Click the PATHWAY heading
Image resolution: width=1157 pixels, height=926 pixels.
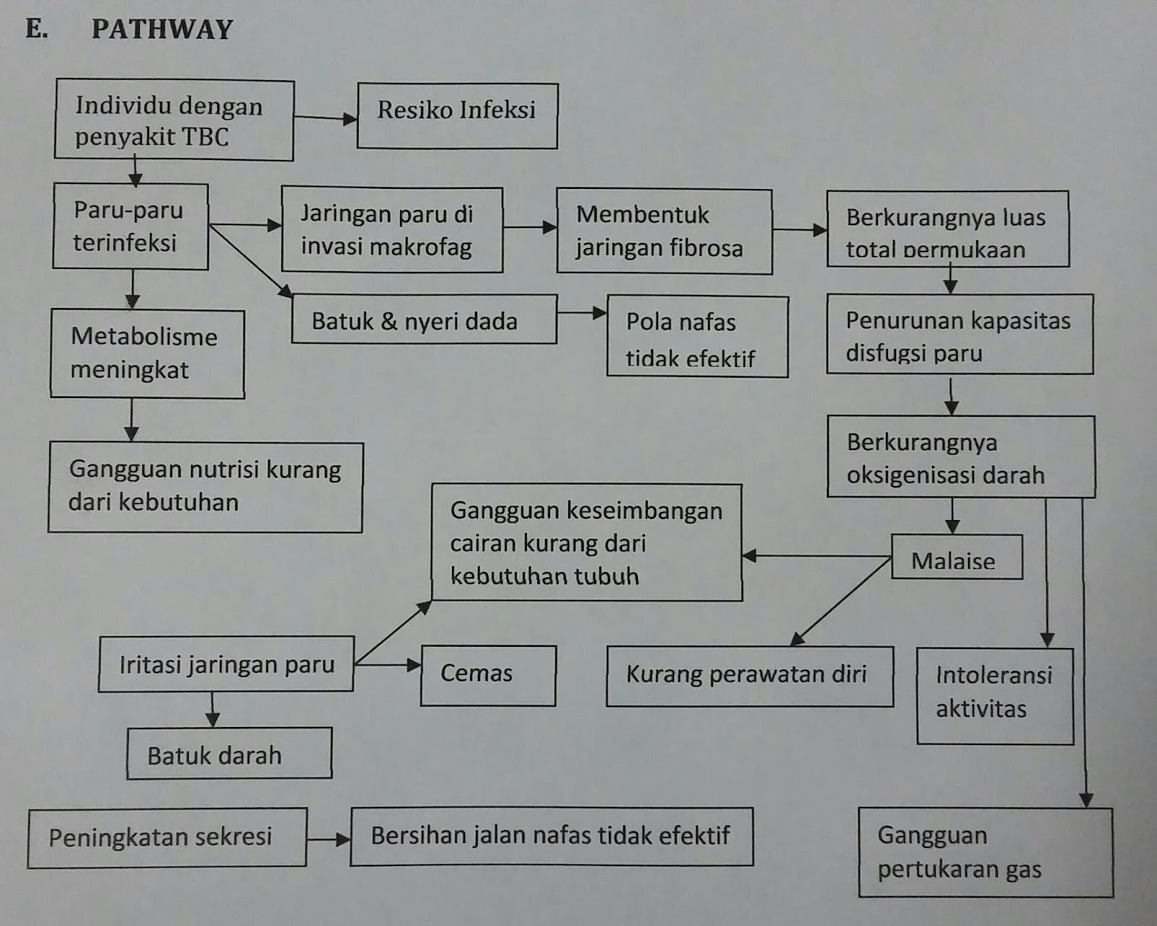click(161, 29)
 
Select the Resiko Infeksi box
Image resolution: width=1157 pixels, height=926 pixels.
click(457, 116)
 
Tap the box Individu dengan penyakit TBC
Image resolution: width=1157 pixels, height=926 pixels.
click(174, 120)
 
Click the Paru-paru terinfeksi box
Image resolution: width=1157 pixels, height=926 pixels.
click(130, 226)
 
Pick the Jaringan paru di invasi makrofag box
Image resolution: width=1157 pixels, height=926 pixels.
click(392, 230)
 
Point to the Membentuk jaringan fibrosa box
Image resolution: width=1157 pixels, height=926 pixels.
click(664, 231)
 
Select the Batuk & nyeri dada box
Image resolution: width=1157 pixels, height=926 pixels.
click(424, 319)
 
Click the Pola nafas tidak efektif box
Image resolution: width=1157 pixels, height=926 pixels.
click(697, 337)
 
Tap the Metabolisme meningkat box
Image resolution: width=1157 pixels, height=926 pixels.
click(147, 354)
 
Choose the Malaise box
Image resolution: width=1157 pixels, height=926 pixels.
click(956, 558)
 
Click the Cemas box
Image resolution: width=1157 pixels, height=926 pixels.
click(488, 675)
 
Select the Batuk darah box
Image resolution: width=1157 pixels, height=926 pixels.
click(229, 754)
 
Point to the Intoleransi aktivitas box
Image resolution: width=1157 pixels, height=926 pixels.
click(994, 695)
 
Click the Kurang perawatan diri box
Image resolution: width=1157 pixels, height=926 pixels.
click(749, 676)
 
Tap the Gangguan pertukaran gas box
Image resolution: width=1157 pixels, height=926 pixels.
click(985, 852)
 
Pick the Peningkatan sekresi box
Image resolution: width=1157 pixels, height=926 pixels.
click(167, 837)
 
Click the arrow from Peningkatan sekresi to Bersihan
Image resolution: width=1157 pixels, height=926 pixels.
click(329, 840)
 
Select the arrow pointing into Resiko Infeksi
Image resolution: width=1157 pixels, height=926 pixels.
click(325, 118)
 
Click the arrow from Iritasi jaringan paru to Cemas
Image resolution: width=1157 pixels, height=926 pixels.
click(388, 665)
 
